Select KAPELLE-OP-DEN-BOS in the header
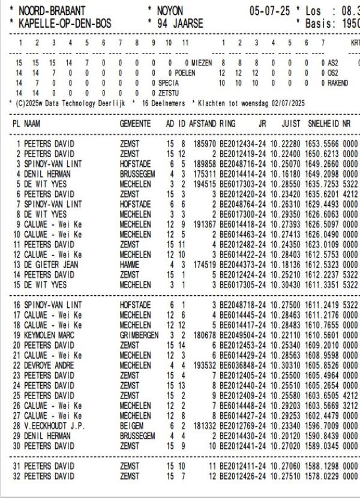tap(65, 24)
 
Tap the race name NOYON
tap(170, 11)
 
